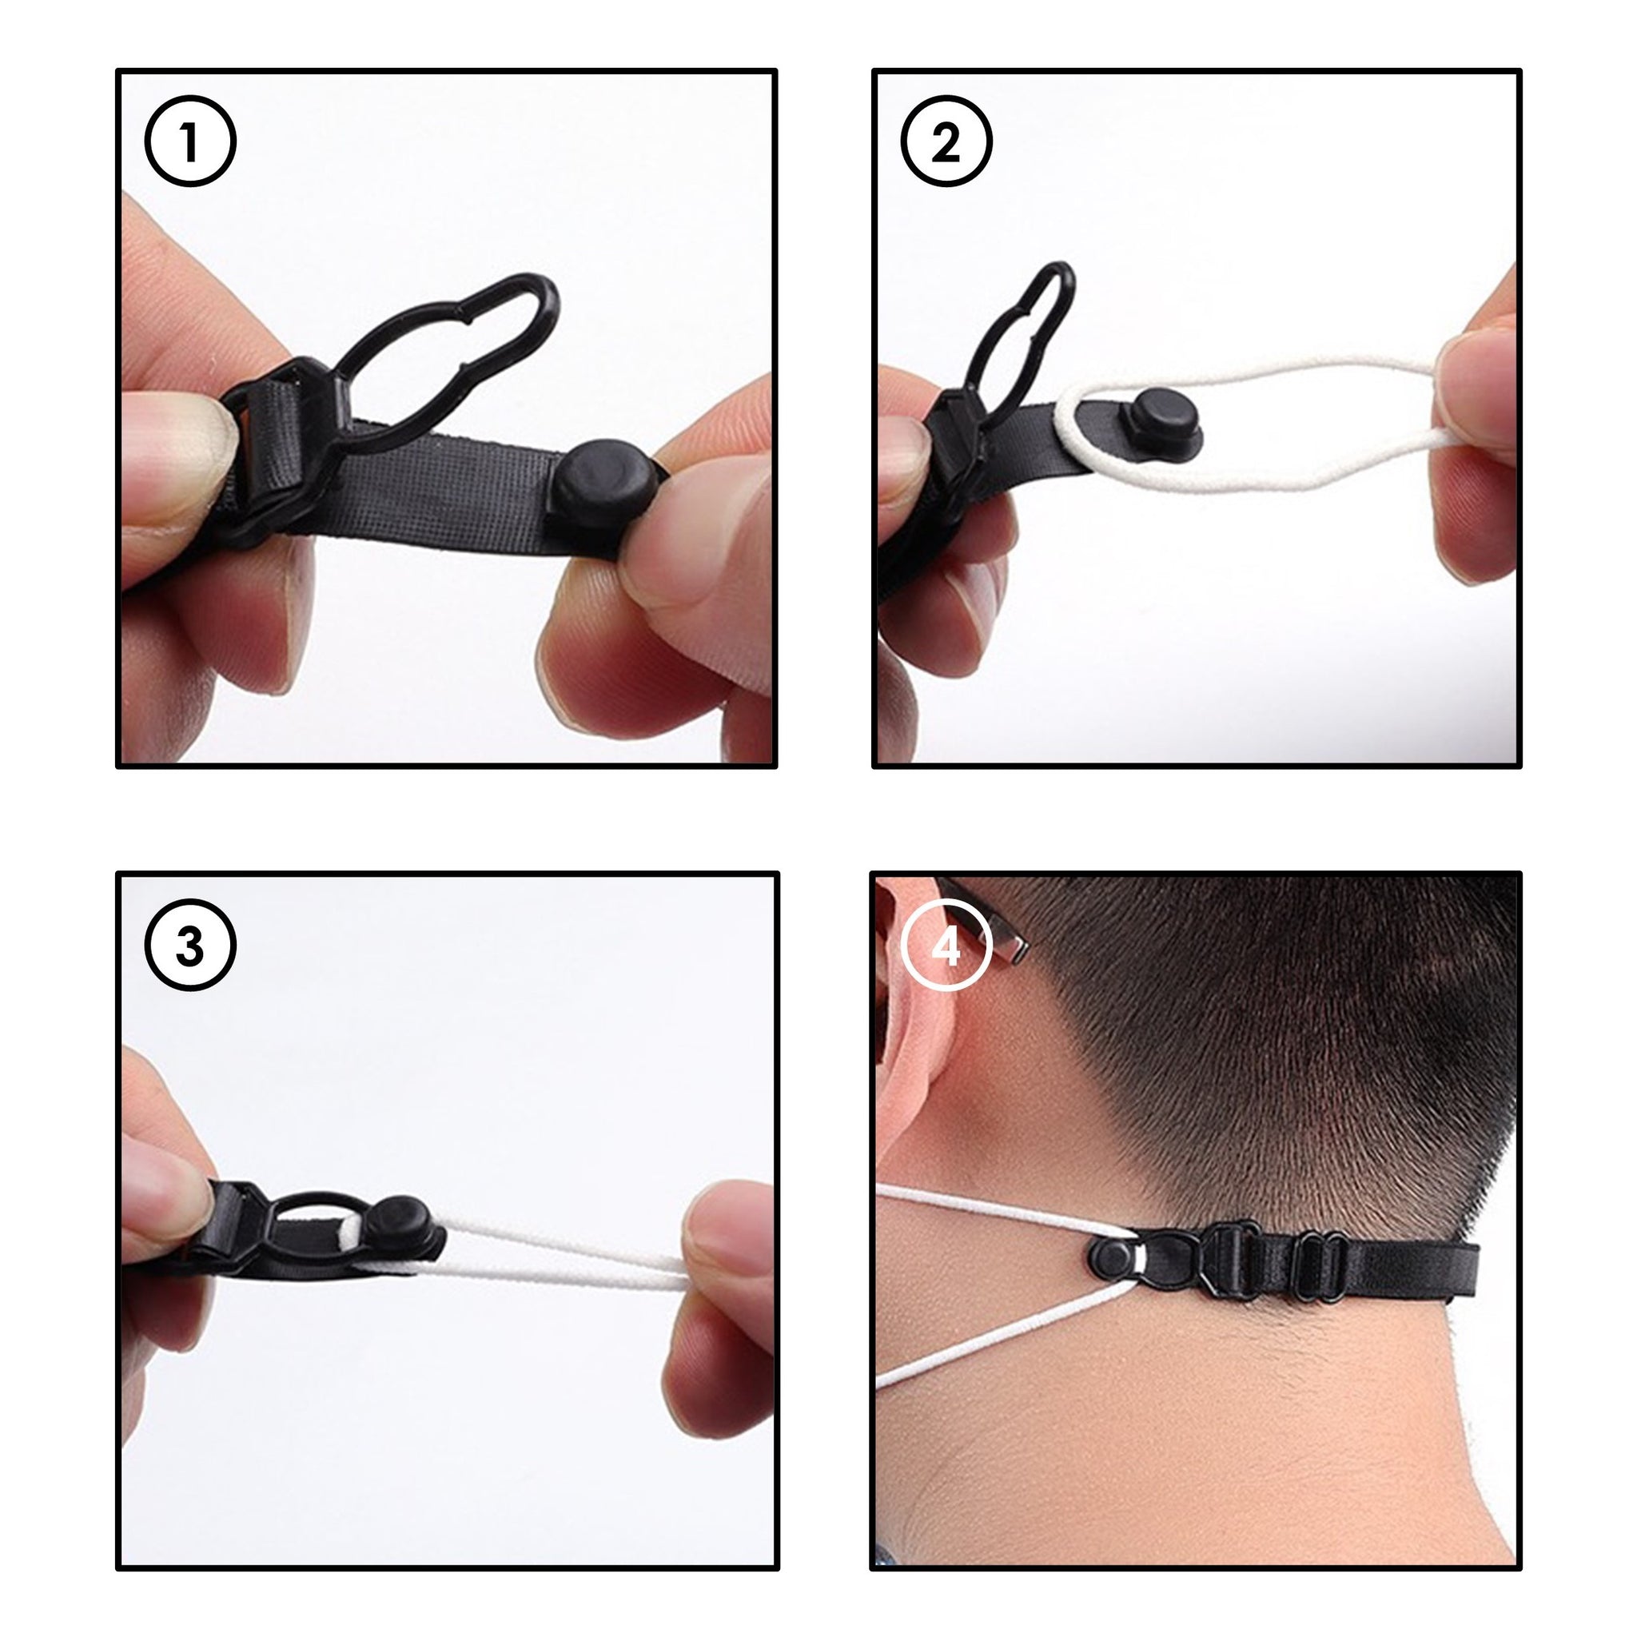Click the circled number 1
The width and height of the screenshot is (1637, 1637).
pos(189,141)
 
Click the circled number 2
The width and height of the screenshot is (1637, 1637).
pos(946,141)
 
